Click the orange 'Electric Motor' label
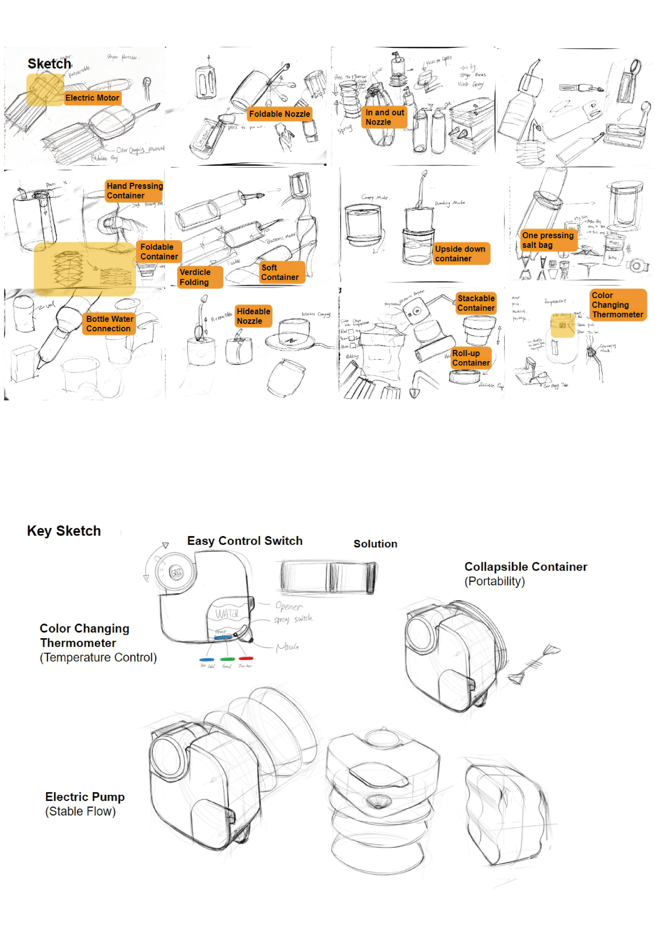(x=92, y=98)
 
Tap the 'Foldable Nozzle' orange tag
(x=280, y=114)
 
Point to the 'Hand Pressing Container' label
(x=134, y=191)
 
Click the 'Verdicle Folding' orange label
(x=200, y=277)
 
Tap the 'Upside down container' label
(x=461, y=254)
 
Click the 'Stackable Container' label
(x=476, y=303)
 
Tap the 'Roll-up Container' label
(x=471, y=358)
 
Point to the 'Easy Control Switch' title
(x=244, y=541)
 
